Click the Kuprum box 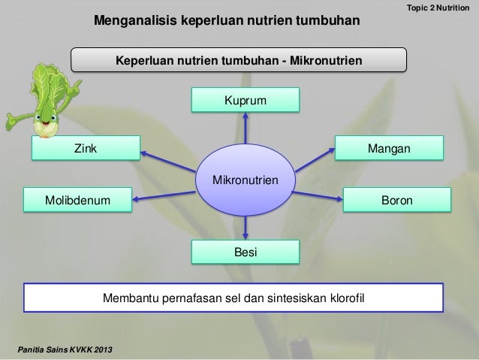[x=245, y=100]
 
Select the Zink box [x=86, y=149]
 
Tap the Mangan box [x=388, y=149]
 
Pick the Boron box [x=397, y=201]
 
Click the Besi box [x=245, y=253]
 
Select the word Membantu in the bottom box [x=127, y=301]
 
